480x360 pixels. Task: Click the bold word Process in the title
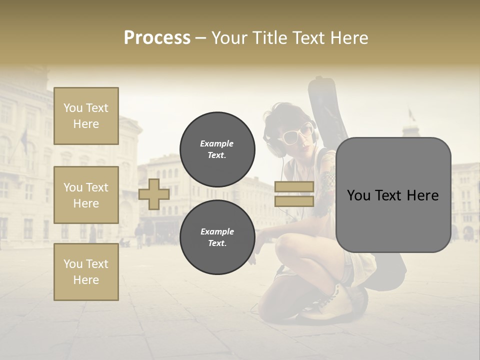click(x=157, y=38)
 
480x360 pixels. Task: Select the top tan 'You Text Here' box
click(x=86, y=116)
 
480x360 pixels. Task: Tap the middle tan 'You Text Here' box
click(x=86, y=195)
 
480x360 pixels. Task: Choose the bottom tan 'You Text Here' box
click(x=86, y=271)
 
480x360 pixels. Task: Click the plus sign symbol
click(x=154, y=194)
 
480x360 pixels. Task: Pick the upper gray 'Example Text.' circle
click(x=217, y=149)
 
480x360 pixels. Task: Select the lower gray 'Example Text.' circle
click(x=217, y=237)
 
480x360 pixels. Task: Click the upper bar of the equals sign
click(x=294, y=186)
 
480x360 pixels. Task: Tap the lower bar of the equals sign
click(x=294, y=201)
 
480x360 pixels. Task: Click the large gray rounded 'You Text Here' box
click(x=393, y=195)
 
